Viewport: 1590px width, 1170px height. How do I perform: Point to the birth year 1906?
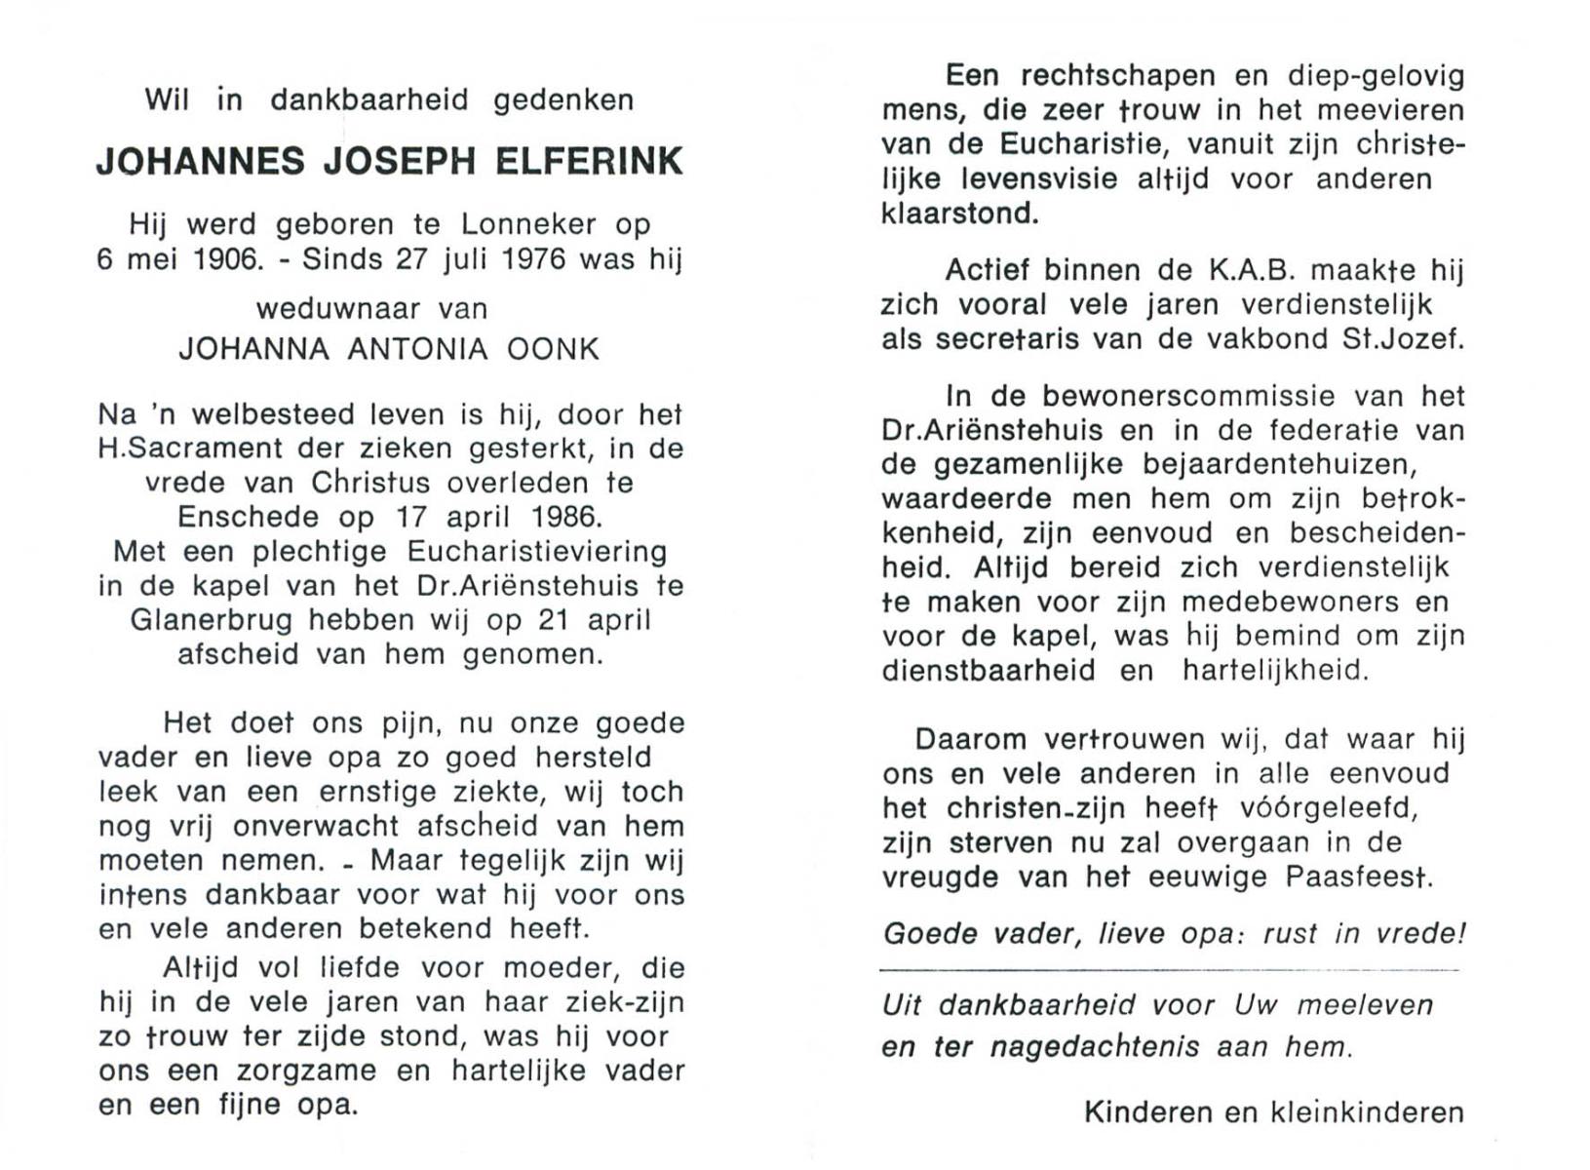pyautogui.click(x=228, y=260)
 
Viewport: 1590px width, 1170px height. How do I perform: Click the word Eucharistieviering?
pyautogui.click(x=537, y=552)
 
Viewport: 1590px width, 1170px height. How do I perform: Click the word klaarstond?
pyautogui.click(x=959, y=214)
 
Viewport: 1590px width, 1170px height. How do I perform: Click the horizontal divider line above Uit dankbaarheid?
pyautogui.click(x=1169, y=970)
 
